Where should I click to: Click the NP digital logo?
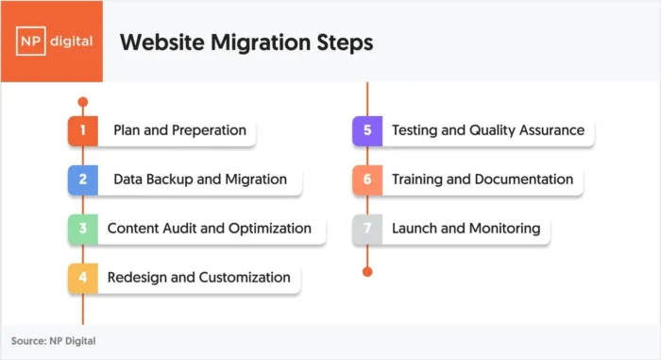51,42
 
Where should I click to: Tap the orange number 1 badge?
83,130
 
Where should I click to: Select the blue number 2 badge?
83,180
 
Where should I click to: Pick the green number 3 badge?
83,229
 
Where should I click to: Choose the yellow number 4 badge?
83,278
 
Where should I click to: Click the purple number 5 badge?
367,130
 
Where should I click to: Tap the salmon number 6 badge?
367,180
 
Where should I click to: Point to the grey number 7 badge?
367,229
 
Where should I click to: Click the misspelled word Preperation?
210,130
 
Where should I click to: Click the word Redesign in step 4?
137,278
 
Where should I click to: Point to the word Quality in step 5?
493,130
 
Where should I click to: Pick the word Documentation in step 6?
527,180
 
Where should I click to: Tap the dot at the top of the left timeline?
83,101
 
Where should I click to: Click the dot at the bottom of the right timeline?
367,272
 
